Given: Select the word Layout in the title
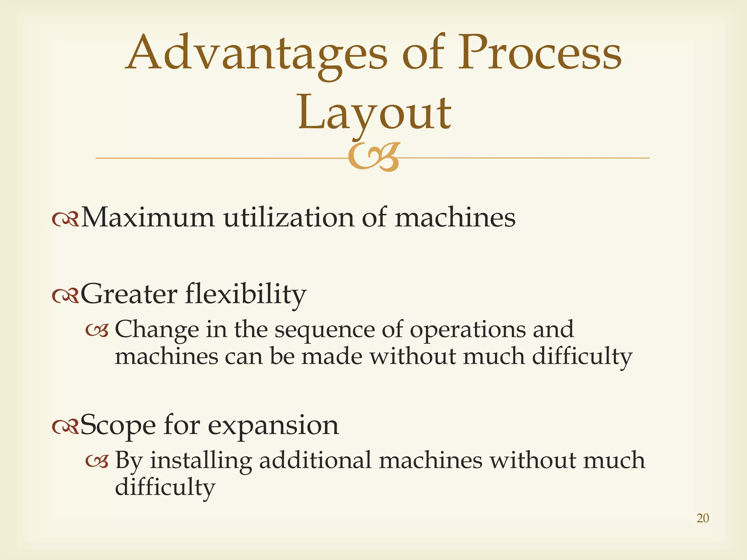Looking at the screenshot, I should (x=375, y=113).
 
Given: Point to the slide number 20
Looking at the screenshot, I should (x=703, y=518).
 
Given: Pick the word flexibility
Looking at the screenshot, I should (x=245, y=294).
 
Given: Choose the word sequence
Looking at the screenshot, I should (x=325, y=330).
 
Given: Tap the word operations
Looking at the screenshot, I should (x=468, y=330).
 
